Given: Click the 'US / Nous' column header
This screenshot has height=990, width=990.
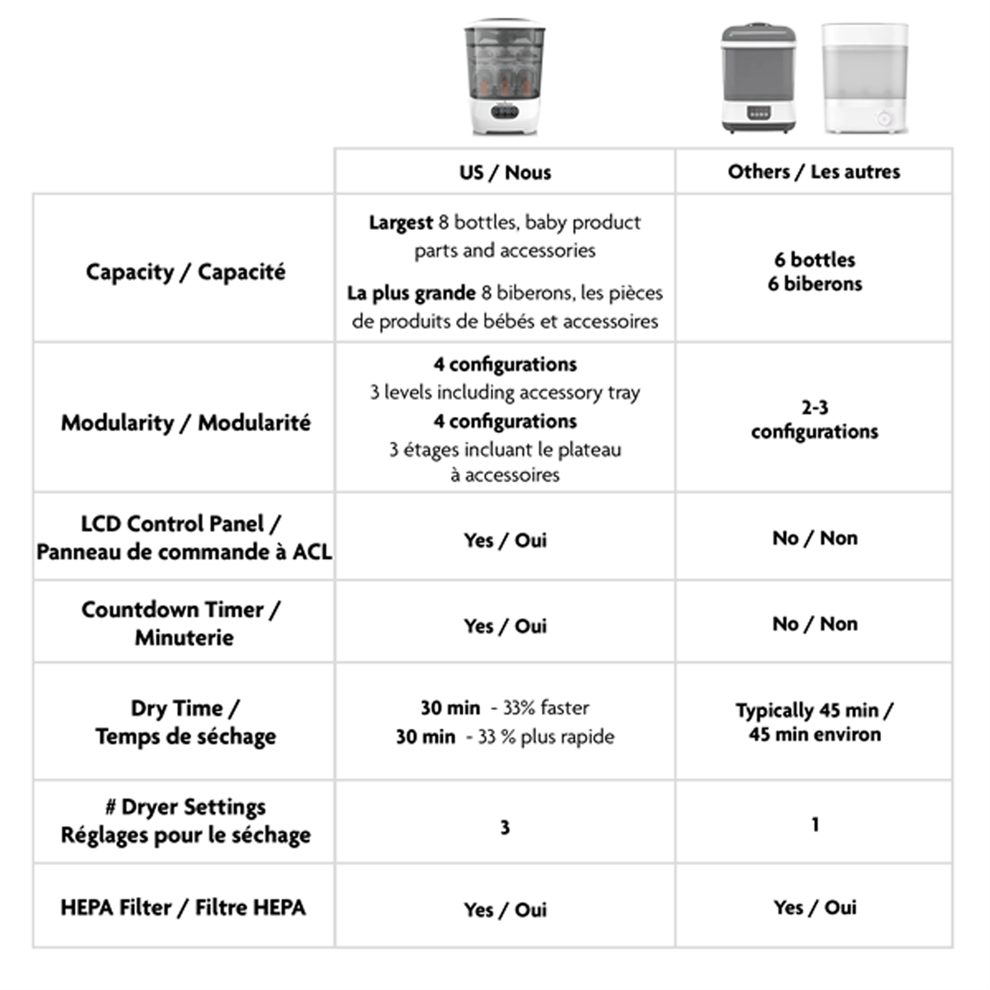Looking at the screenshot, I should point(505,173).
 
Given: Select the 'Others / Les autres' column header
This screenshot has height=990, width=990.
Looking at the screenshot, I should point(814,172).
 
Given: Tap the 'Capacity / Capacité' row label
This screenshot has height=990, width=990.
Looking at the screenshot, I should point(186,272).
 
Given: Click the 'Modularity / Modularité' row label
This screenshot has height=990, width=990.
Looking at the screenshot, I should point(186,423).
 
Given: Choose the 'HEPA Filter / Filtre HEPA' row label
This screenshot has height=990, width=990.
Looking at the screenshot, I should point(184,907).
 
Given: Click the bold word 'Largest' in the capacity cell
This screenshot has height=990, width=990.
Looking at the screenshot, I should point(401,222).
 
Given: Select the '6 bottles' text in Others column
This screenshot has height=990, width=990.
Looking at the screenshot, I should point(815,260).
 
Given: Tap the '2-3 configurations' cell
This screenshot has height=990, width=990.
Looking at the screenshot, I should point(815,420).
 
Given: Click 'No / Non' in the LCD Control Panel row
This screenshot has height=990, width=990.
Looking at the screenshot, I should point(815,538).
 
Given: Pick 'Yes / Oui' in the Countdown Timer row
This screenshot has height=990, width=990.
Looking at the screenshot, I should point(505,626).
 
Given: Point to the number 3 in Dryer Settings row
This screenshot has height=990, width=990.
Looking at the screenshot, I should point(505,828).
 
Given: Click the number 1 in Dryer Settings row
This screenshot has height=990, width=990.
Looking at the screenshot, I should point(815,825).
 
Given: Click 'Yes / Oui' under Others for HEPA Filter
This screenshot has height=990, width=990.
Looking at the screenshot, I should point(815,907).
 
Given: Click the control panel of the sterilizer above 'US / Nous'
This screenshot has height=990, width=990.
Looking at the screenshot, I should point(505,112).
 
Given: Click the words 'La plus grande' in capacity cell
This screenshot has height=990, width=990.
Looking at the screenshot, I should point(411,293).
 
